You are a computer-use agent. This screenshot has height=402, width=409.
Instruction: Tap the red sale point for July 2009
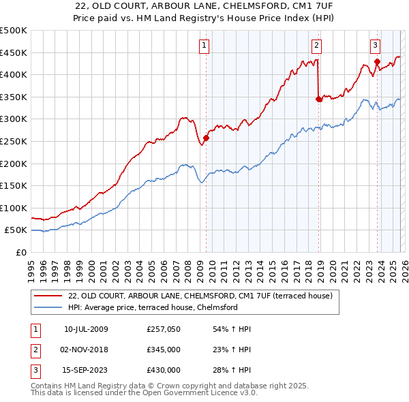206,138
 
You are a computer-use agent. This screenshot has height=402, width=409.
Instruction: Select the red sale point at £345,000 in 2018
318,99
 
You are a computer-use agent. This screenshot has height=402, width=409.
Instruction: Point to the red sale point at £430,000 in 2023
377,61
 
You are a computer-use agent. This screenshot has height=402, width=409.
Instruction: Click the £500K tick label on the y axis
14,31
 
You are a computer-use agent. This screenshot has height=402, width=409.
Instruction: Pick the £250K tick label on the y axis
14,141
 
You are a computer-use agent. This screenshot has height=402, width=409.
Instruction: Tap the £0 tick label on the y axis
21,252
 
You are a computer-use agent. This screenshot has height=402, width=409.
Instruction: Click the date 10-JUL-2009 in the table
86,329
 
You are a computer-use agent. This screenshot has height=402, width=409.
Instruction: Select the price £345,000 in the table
164,350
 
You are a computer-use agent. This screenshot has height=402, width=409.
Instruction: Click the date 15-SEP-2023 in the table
86,370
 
